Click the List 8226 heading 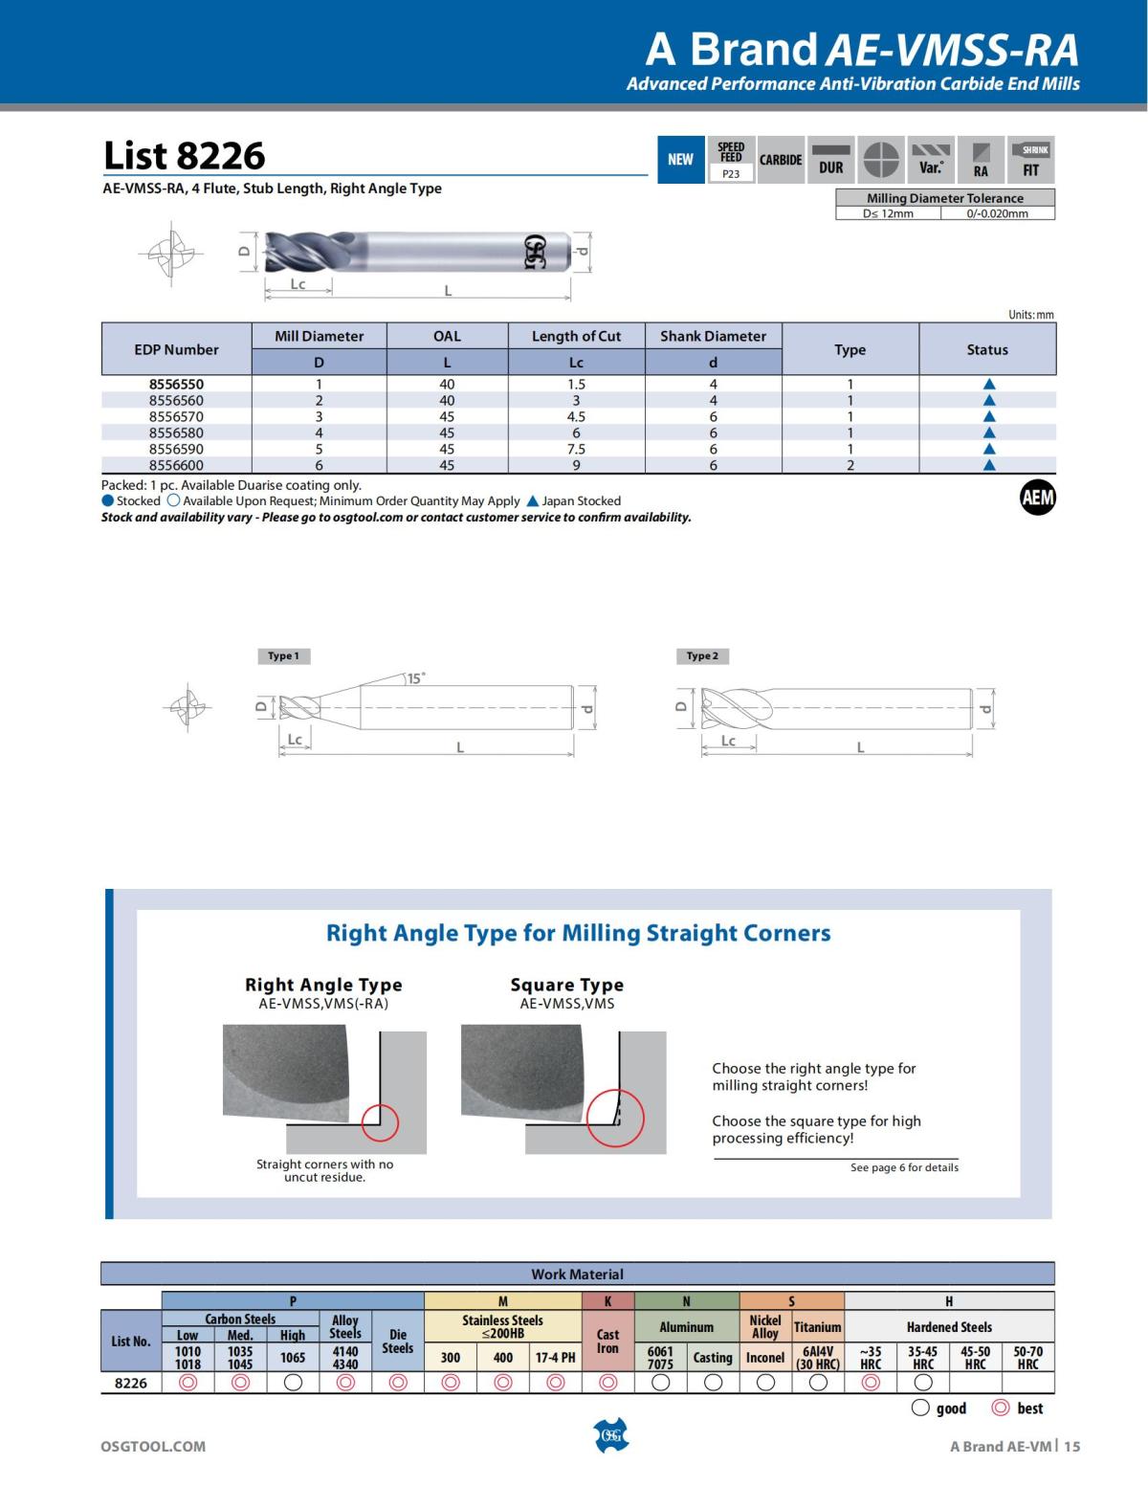[x=184, y=156]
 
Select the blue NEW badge [x=680, y=160]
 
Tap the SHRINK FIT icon [x=1031, y=160]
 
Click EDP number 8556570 [x=176, y=416]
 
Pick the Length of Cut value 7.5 [x=576, y=449]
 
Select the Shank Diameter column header [x=713, y=336]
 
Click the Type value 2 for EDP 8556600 [x=850, y=465]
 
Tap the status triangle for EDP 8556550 [x=989, y=385]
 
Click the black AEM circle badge [x=1037, y=498]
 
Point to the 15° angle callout [x=415, y=678]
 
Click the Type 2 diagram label [x=701, y=656]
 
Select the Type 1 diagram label [x=283, y=656]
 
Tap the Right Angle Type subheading [x=323, y=985]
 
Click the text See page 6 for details [x=904, y=1167]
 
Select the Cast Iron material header [x=607, y=1341]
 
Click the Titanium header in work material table [x=817, y=1327]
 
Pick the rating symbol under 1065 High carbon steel [x=293, y=1382]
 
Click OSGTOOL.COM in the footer [x=153, y=1446]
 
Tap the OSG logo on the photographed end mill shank [x=535, y=252]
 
